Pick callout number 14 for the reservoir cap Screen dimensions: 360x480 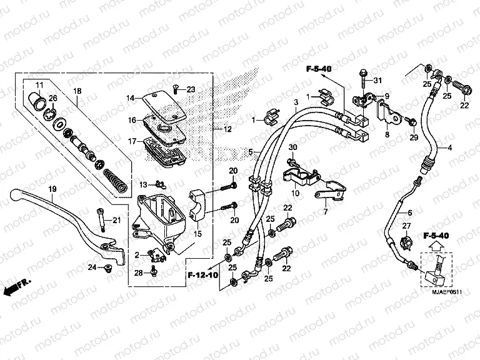click(x=131, y=98)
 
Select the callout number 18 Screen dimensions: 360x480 click(x=77, y=91)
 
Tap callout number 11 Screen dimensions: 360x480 click(x=39, y=84)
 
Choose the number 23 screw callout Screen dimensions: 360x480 click(x=191, y=89)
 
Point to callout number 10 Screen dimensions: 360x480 click(x=294, y=195)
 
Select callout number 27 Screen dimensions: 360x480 click(x=406, y=226)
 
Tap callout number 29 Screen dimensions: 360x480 click(x=413, y=137)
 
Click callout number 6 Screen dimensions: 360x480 click(x=409, y=196)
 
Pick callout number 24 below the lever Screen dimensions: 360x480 click(x=91, y=268)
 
